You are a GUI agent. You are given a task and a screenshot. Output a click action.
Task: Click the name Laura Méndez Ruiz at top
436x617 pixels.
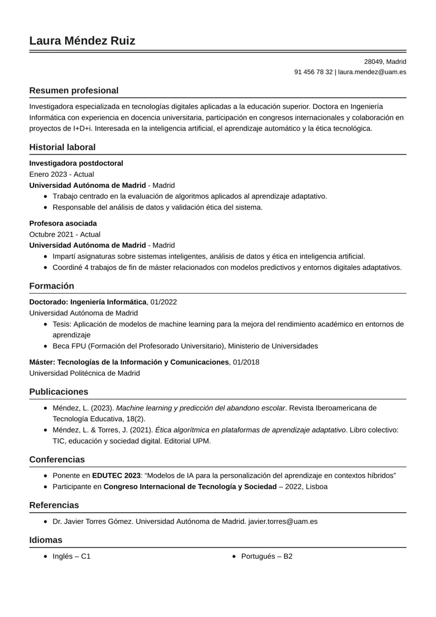[82, 41]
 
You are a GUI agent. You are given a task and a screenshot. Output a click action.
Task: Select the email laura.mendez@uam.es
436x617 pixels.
[372, 72]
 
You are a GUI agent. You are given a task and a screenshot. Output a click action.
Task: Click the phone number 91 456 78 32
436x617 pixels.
[313, 72]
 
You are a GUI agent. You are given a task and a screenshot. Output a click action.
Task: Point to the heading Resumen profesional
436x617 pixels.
[74, 91]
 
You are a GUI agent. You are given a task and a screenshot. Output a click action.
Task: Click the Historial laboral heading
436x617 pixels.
[62, 148]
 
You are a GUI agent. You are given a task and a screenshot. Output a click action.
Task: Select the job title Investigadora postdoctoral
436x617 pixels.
[76, 163]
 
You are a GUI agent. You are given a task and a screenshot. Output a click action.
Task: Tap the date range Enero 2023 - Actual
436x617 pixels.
[61, 174]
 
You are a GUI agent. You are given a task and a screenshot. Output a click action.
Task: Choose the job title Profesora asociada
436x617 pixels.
[63, 223]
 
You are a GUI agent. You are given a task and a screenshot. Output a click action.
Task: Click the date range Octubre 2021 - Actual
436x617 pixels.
[65, 234]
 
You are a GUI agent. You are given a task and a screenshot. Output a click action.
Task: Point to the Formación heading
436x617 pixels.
[52, 286]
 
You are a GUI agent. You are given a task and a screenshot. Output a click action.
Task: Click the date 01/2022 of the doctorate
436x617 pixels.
[163, 302]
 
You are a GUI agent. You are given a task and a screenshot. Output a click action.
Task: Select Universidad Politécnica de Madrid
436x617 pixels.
[84, 373]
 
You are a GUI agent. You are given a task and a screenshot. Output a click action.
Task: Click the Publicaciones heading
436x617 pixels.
[59, 392]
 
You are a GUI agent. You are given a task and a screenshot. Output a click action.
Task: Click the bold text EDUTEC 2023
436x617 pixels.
[116, 476]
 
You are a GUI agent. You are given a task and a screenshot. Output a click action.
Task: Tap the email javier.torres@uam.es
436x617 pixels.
[283, 522]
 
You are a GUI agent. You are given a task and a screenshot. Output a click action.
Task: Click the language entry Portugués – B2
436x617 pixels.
[266, 557]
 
